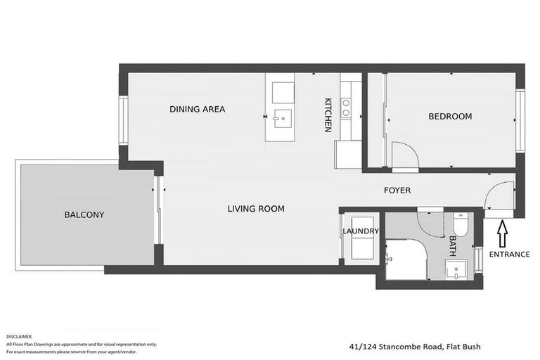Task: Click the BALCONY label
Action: click(x=84, y=214)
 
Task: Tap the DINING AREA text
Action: click(x=197, y=109)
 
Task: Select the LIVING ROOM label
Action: click(x=255, y=209)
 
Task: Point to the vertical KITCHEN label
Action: click(x=328, y=115)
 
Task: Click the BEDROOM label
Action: click(x=450, y=116)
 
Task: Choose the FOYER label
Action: click(x=397, y=191)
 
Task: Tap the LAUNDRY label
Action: click(x=361, y=231)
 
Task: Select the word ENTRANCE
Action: click(x=509, y=254)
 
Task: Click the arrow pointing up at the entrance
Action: click(x=501, y=232)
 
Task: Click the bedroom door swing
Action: click(x=404, y=156)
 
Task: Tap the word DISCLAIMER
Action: click(x=19, y=337)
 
